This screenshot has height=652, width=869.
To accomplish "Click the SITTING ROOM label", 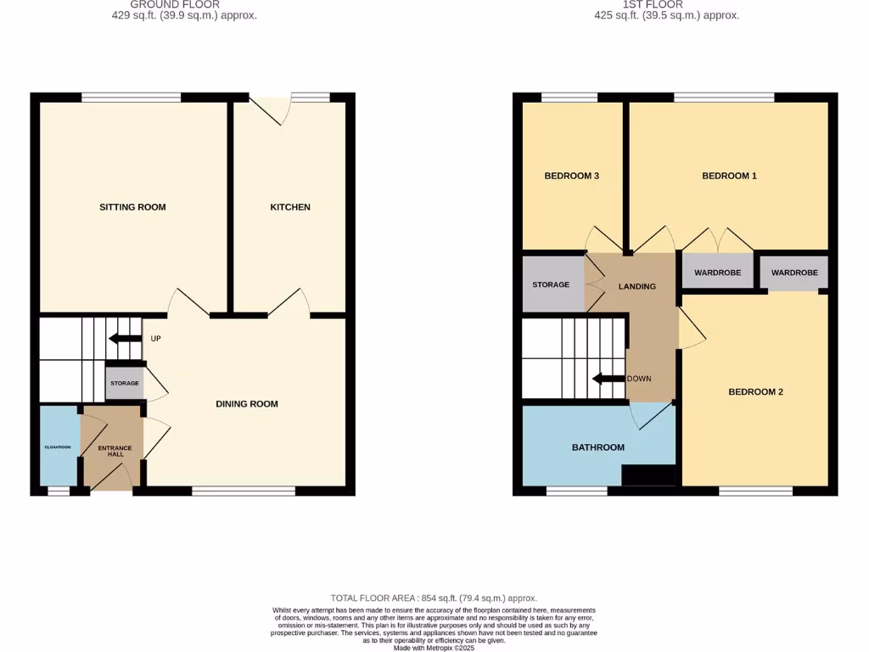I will click(x=132, y=207).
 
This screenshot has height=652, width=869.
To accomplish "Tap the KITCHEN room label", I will click(x=290, y=207).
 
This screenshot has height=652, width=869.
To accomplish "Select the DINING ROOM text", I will click(x=246, y=404).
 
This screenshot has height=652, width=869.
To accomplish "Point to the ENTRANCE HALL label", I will click(x=115, y=451).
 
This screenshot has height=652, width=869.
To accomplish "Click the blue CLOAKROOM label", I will click(x=59, y=447).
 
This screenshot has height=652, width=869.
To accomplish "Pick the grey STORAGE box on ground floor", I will click(x=124, y=384).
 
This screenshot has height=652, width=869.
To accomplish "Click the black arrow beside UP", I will click(x=125, y=340).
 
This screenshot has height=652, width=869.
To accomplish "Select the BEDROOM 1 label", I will click(x=729, y=176).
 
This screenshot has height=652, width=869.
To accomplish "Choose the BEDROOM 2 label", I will click(x=755, y=392).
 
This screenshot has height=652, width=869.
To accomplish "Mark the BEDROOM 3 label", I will click(x=572, y=176).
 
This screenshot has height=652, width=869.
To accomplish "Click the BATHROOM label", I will click(x=597, y=447).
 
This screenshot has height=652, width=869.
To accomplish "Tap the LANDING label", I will click(x=636, y=287).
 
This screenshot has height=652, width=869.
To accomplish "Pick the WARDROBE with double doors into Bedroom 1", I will click(x=717, y=273).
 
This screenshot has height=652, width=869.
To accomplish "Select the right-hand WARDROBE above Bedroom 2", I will click(x=794, y=273).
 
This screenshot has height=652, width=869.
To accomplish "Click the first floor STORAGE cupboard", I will click(x=551, y=284).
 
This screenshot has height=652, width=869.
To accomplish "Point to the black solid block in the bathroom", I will click(x=648, y=475).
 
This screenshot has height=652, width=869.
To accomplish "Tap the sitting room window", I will click(x=132, y=98).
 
